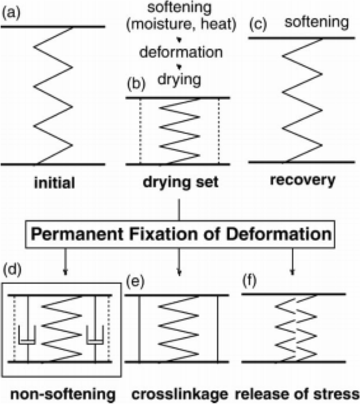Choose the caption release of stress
coord(297,393)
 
